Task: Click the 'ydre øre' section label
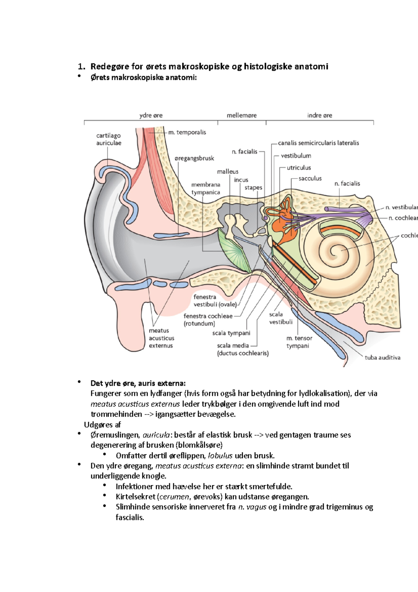click(x=151, y=115)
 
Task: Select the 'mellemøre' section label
click(x=241, y=115)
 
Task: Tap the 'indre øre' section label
click(x=319, y=115)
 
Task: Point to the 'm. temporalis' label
click(x=187, y=132)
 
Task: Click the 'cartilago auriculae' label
click(x=109, y=139)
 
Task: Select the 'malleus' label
click(x=227, y=172)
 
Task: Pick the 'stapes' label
click(x=253, y=188)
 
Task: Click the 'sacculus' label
click(x=310, y=179)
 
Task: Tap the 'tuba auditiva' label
click(x=382, y=358)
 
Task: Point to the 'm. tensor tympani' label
click(x=299, y=342)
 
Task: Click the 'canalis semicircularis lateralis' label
click(x=318, y=143)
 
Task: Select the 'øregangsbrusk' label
click(x=194, y=158)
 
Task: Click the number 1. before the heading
click(x=81, y=67)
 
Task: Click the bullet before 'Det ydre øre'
click(x=80, y=382)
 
